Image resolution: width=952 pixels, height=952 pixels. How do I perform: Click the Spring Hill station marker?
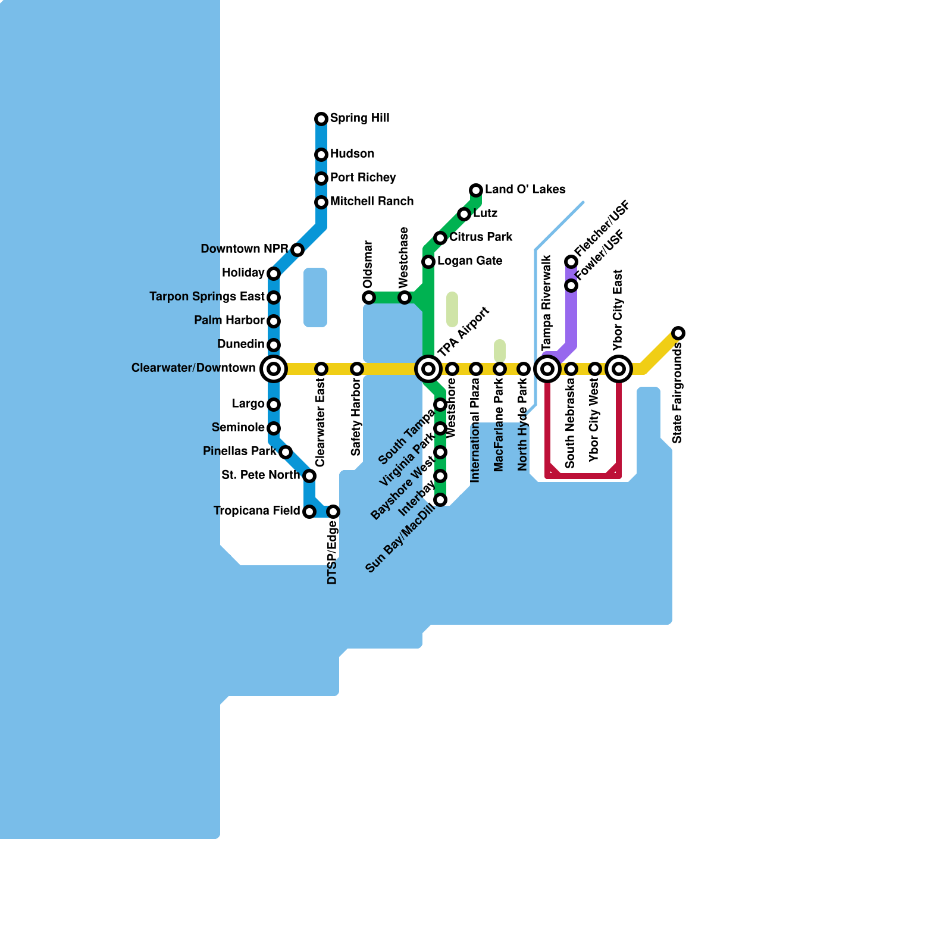click(x=321, y=119)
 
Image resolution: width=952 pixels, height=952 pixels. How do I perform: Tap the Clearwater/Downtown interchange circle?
click(x=274, y=369)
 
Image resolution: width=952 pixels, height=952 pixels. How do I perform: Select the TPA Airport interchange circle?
click(x=428, y=369)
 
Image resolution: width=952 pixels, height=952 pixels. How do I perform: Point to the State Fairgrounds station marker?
click(x=678, y=333)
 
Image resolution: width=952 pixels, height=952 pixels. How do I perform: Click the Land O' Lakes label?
click(x=525, y=190)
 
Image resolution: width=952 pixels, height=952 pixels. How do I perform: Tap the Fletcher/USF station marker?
click(x=571, y=262)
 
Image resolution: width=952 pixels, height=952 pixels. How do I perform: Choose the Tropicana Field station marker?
click(x=309, y=512)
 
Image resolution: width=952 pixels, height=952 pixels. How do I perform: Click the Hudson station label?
click(x=352, y=154)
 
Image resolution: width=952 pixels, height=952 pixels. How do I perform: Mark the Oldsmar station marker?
click(x=369, y=297)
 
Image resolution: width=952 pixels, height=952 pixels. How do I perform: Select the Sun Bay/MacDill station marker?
click(x=440, y=500)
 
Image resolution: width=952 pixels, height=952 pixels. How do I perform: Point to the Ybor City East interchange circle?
click(x=619, y=369)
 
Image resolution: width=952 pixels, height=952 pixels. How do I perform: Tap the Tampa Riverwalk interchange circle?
click(x=547, y=369)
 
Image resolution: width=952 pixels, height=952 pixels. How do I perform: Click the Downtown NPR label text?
click(x=245, y=249)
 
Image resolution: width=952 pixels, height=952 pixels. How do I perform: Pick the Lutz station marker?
click(x=464, y=214)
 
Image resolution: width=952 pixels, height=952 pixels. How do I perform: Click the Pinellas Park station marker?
click(x=286, y=452)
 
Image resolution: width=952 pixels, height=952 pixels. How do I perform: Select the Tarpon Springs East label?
click(x=207, y=297)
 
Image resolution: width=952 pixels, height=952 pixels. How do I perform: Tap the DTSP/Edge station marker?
click(x=333, y=512)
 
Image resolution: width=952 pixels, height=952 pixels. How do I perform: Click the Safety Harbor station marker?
click(x=357, y=369)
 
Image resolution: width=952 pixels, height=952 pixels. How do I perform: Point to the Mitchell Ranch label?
click(x=372, y=202)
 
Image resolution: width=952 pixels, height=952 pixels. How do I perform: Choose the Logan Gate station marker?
click(x=428, y=262)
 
